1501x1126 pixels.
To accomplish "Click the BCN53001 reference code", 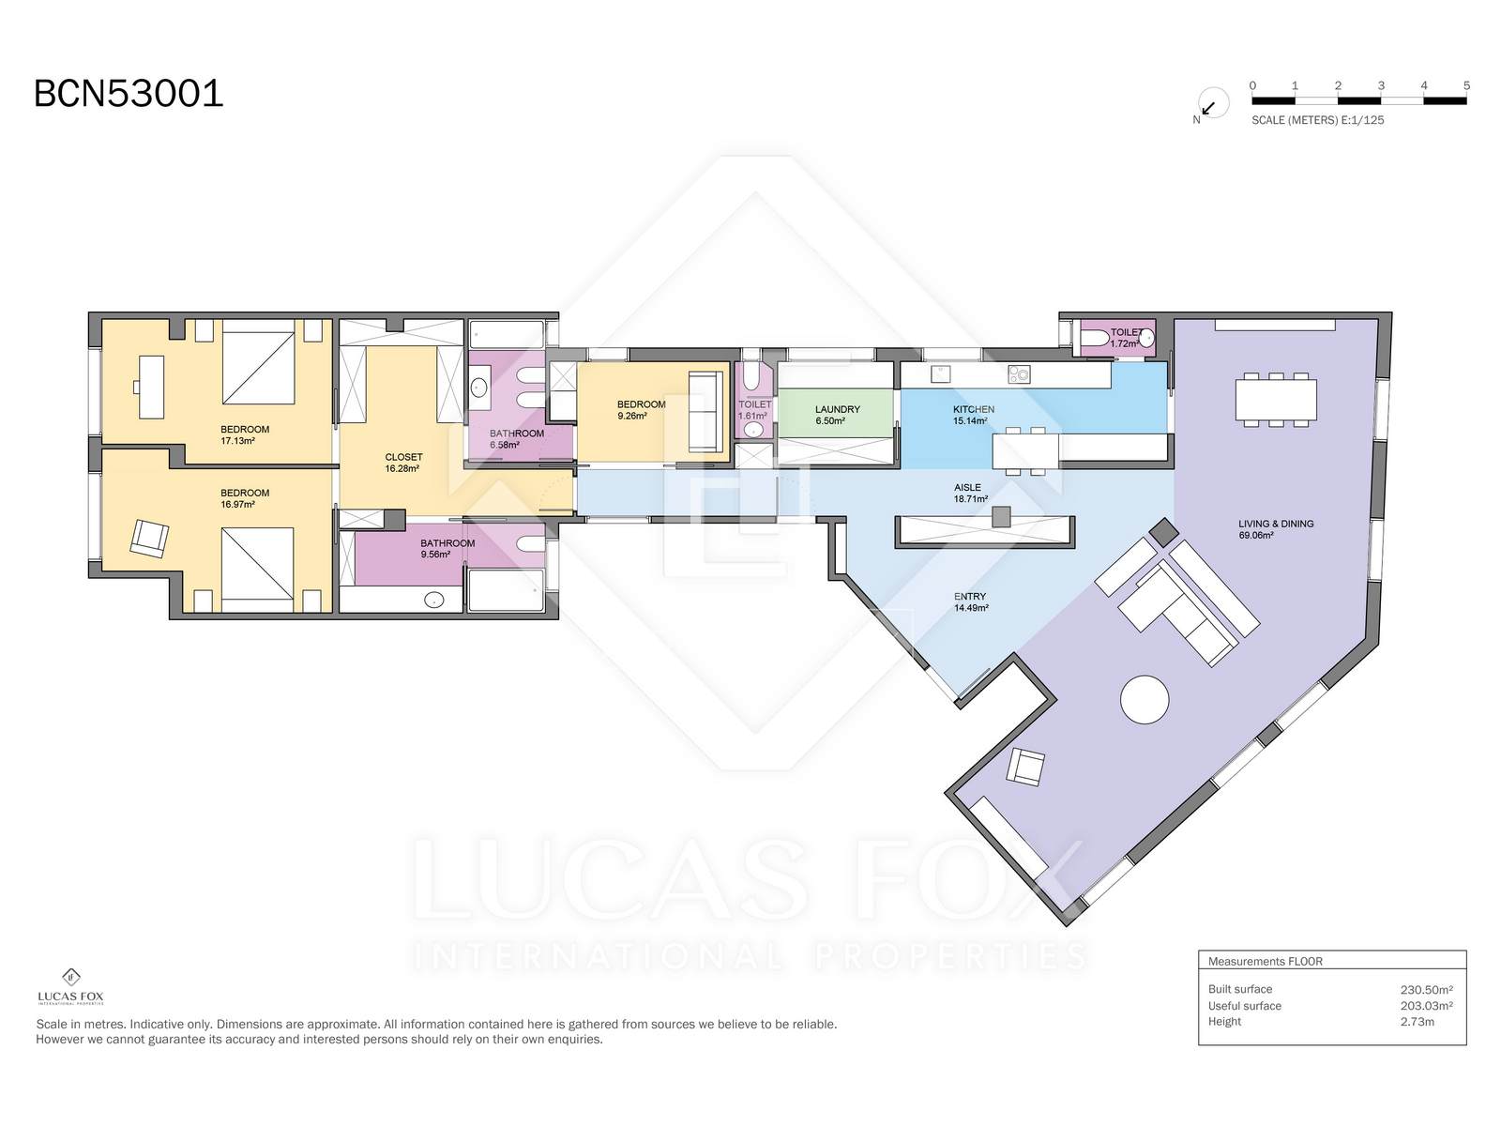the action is (129, 93).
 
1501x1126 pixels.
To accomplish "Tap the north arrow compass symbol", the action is (1212, 104).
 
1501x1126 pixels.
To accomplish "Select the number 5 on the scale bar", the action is (1466, 85).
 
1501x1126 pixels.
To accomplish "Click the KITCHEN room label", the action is (973, 409).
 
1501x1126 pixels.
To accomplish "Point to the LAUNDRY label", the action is (837, 409).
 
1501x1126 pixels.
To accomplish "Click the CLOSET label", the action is (403, 457).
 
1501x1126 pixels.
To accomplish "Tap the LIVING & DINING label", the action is (1275, 524).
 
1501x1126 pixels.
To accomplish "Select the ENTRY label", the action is (970, 596).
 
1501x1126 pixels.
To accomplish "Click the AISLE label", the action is (967, 487).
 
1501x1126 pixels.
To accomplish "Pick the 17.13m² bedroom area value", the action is (237, 441).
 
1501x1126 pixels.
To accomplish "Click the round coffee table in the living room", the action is (1144, 699).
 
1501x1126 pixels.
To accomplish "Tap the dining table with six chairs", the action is (1275, 400).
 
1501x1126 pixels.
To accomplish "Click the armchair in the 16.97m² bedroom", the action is (149, 538).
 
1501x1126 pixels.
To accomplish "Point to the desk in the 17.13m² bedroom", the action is (150, 387).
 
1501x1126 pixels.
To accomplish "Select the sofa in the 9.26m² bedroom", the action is (705, 412).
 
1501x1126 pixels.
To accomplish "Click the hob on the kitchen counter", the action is (1018, 374).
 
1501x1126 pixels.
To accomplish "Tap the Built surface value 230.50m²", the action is (1426, 989).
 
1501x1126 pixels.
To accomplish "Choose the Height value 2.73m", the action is (1417, 1022).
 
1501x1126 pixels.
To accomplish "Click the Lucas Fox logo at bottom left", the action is (70, 987).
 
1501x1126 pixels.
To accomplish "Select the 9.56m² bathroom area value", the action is (435, 555).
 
